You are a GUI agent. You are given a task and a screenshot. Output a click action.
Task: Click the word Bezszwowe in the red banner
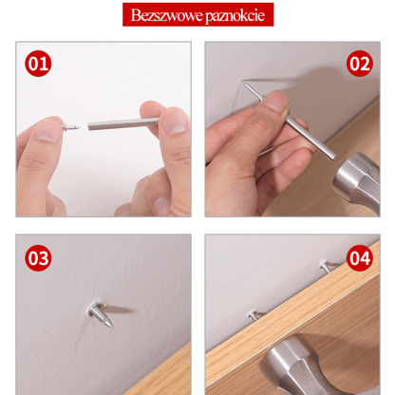[167, 15]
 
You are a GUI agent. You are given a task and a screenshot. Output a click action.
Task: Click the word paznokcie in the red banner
[235, 16]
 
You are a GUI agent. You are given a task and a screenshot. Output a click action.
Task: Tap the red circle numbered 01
[38, 64]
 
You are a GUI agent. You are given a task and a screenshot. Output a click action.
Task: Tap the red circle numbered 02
[360, 64]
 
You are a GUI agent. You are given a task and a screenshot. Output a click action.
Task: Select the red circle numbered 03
[38, 258]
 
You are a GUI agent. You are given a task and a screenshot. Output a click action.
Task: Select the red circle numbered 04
[360, 258]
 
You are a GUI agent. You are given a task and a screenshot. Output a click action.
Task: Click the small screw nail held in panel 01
[70, 127]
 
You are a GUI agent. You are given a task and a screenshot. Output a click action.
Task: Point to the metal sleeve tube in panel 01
[123, 123]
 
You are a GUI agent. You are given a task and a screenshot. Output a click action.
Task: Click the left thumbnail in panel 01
[47, 131]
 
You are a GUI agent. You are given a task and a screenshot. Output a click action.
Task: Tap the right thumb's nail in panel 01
[174, 122]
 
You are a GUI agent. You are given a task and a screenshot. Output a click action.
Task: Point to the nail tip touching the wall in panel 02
[242, 82]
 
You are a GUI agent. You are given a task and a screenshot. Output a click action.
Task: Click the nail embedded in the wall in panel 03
[100, 314]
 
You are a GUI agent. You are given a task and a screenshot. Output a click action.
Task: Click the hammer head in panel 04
[297, 364]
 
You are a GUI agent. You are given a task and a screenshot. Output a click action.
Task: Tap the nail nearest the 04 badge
[325, 267]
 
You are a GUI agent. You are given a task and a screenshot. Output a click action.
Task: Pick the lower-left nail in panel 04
[254, 314]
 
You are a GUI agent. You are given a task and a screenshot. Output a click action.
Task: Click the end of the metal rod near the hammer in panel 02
[332, 157]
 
